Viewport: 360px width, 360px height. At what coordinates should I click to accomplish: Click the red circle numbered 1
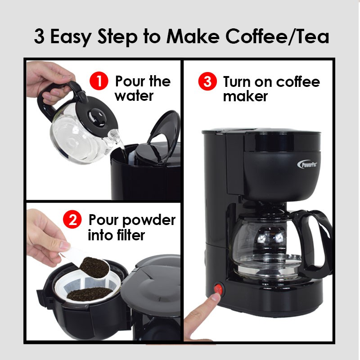click(99, 81)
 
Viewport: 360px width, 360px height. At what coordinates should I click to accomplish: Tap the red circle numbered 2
click(72, 220)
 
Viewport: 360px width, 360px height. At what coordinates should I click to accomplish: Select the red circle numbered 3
click(207, 81)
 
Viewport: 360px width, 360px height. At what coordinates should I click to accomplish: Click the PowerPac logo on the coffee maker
click(308, 164)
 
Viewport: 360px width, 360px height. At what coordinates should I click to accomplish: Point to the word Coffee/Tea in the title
click(278, 36)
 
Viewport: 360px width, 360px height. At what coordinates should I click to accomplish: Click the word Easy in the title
click(71, 37)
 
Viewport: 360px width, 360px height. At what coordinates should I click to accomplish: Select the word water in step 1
click(134, 96)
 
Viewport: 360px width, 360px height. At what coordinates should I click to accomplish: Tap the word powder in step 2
click(149, 221)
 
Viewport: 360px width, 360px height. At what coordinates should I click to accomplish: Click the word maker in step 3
click(245, 96)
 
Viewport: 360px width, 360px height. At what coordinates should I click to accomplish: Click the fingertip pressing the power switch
click(216, 297)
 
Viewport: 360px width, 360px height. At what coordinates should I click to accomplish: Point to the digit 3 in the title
click(39, 37)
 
